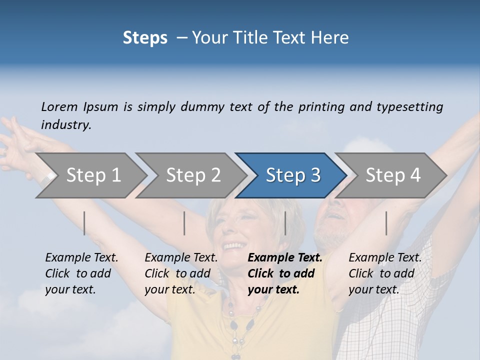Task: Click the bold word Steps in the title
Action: [x=145, y=37]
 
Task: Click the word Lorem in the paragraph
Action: [x=59, y=106]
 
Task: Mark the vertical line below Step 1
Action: [x=84, y=223]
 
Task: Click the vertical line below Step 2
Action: [x=184, y=223]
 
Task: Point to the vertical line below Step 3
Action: [x=285, y=223]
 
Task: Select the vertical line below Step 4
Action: [x=386, y=223]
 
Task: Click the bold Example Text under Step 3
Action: [x=285, y=258]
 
